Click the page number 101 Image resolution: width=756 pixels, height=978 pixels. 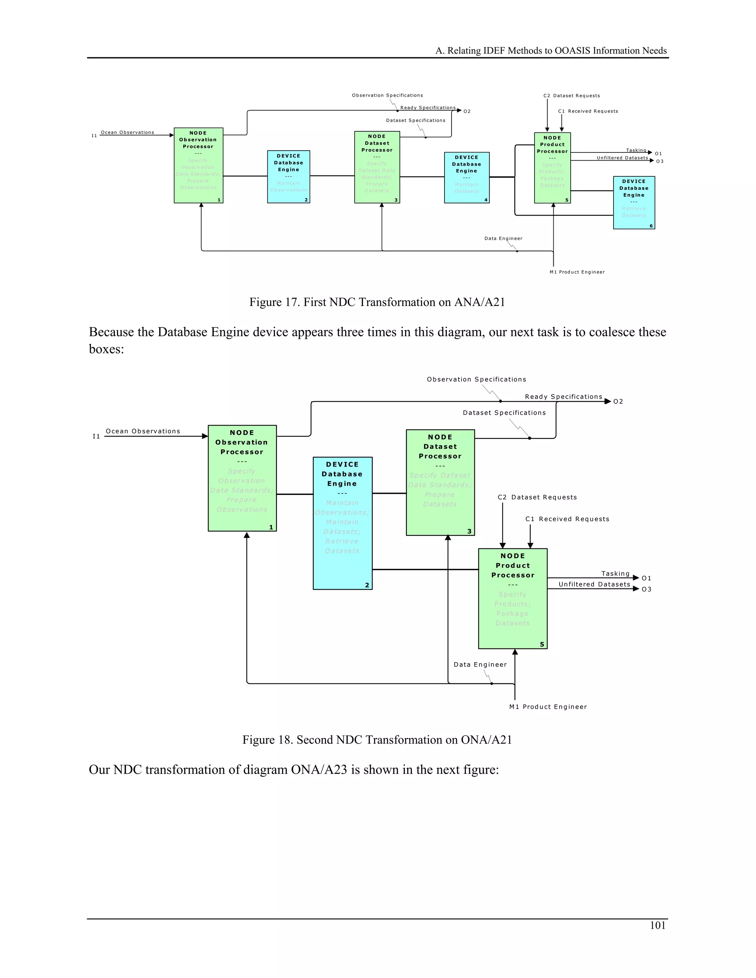tap(657, 925)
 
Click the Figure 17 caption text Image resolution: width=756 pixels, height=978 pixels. tap(377, 302)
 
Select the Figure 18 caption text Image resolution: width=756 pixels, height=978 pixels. tap(377, 740)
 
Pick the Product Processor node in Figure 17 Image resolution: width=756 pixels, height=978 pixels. tap(552, 168)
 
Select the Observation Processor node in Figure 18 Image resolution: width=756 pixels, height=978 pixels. tap(242, 478)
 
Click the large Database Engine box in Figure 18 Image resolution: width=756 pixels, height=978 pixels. tap(342, 523)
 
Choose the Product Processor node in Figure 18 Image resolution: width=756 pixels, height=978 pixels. tap(512, 598)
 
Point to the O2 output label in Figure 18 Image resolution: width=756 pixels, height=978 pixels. tap(618, 402)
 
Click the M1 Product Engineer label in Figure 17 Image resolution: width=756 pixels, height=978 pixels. tap(577, 272)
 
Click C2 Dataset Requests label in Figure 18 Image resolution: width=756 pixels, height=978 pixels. tap(537, 497)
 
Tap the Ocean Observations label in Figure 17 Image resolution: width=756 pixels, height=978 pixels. tap(127, 132)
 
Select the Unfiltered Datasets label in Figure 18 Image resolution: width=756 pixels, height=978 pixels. tap(594, 584)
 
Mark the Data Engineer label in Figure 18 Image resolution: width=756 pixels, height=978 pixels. tap(480, 665)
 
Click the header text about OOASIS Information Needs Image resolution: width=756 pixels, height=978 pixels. tap(551, 51)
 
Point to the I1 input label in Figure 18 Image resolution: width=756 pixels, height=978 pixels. tap(96, 436)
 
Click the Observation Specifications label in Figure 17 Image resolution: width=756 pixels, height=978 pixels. tap(387, 95)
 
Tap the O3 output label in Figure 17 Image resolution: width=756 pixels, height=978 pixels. tap(659, 161)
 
